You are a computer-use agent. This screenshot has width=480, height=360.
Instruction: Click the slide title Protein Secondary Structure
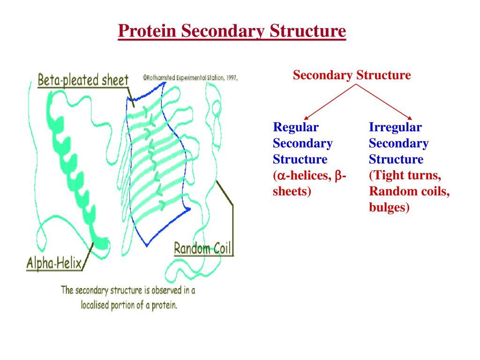pos(232,31)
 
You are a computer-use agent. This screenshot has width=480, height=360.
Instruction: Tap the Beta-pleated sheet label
pos(83,80)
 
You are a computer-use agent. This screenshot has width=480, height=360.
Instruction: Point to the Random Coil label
pos(203,248)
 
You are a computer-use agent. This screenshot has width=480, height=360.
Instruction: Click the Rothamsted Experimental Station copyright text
pos(190,78)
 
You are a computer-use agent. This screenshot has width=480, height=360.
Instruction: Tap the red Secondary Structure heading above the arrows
pos(352,75)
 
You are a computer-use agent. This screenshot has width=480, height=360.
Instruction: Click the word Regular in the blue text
pos(296,127)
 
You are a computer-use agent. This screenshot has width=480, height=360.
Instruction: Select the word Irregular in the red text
pos(395,127)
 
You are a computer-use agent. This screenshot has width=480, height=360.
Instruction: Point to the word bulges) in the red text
pos(389,207)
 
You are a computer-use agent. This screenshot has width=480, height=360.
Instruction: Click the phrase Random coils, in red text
pos(409,191)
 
